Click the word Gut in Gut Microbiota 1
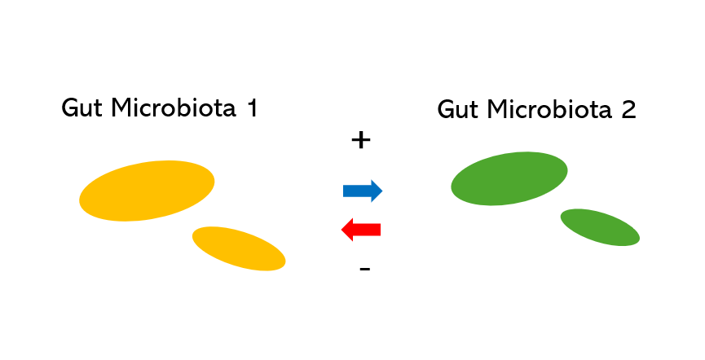(x=81, y=108)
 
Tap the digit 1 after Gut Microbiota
(x=251, y=108)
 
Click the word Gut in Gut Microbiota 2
(x=456, y=110)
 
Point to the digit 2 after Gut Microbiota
(x=628, y=110)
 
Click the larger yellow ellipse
(x=147, y=191)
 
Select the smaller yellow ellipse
(x=239, y=248)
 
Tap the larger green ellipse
(x=509, y=178)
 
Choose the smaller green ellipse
(x=600, y=227)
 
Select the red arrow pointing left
(x=361, y=230)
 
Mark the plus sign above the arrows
(x=360, y=141)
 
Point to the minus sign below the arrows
(x=364, y=269)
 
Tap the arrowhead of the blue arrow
(x=376, y=191)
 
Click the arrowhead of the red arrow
(x=347, y=230)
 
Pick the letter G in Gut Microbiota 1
(x=71, y=108)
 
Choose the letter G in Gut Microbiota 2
(x=447, y=110)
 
